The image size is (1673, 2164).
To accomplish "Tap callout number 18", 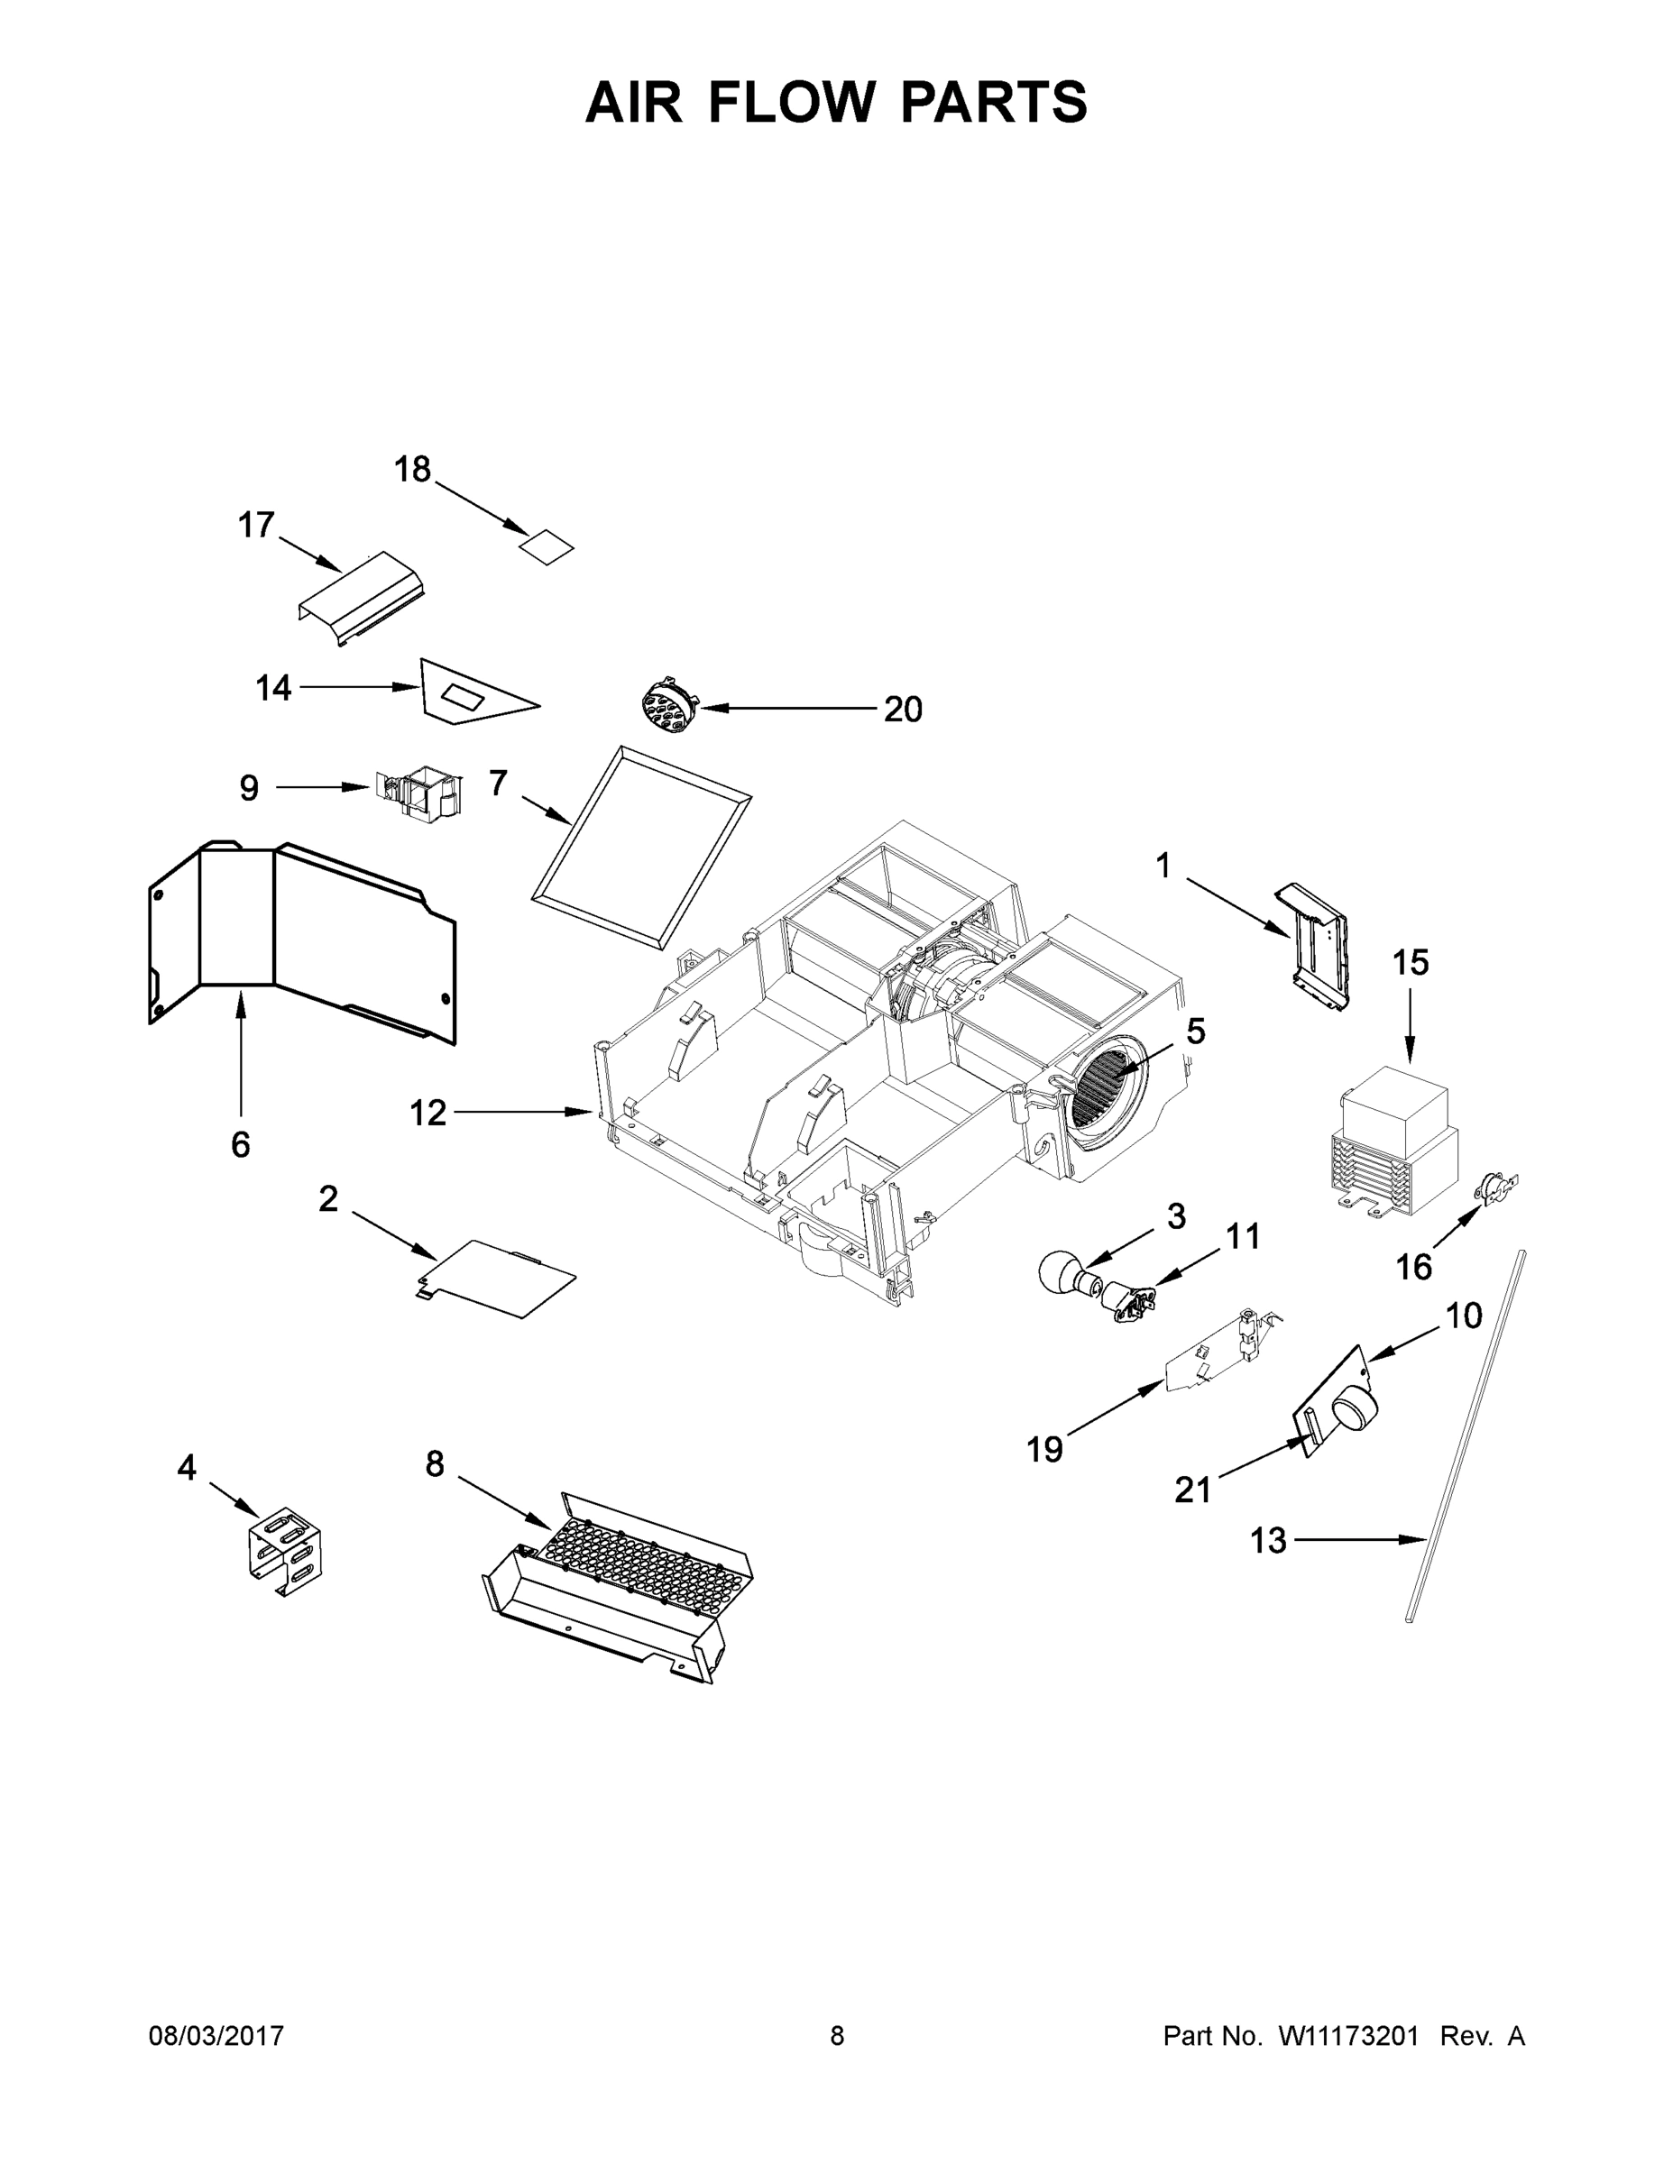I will pos(412,469).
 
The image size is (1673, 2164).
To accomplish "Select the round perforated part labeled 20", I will pos(668,708).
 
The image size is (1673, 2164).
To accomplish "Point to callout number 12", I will pos(428,1113).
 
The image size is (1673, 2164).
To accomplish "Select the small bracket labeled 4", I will pos(284,1553).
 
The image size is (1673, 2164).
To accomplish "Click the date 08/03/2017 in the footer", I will pos(216,2036).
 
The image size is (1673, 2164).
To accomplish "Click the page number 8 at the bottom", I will pos(838,2036).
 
